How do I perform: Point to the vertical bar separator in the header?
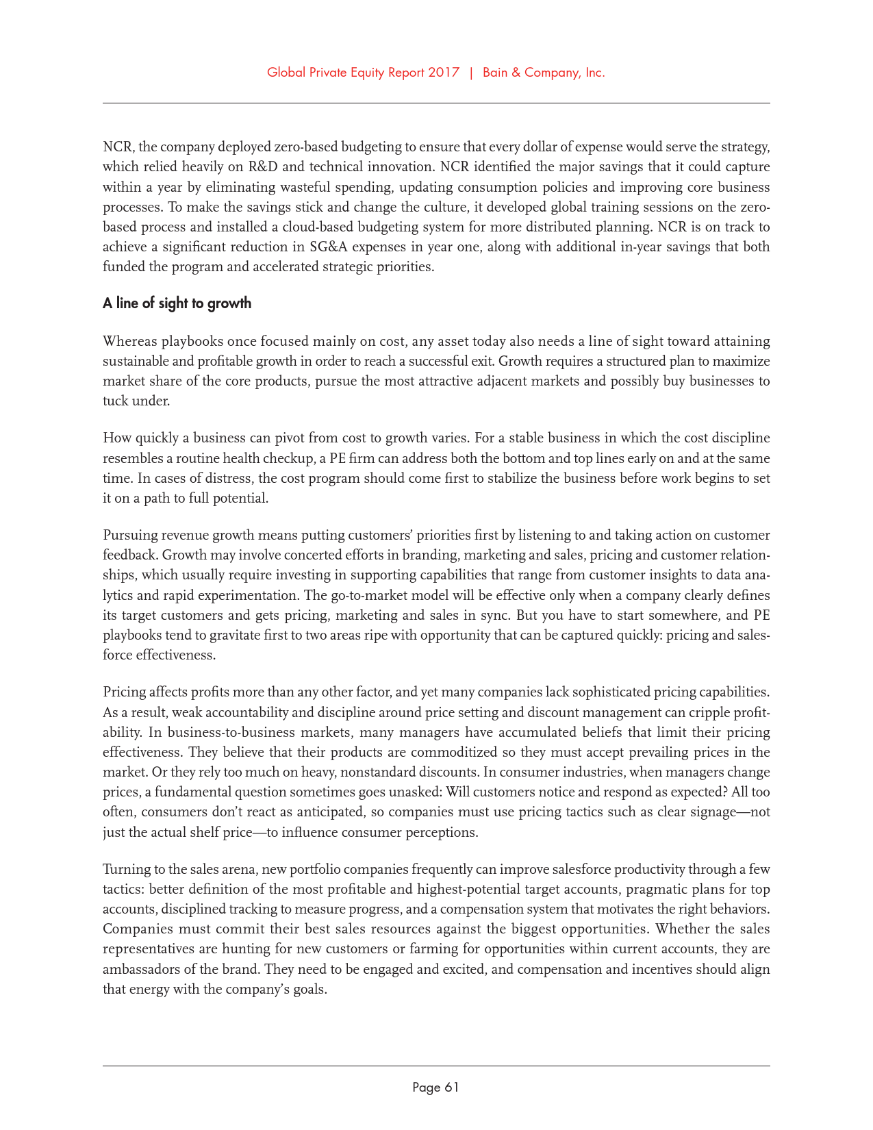(471, 73)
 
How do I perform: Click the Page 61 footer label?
(435, 1087)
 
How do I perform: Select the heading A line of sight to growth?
(177, 303)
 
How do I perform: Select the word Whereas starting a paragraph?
(129, 341)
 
